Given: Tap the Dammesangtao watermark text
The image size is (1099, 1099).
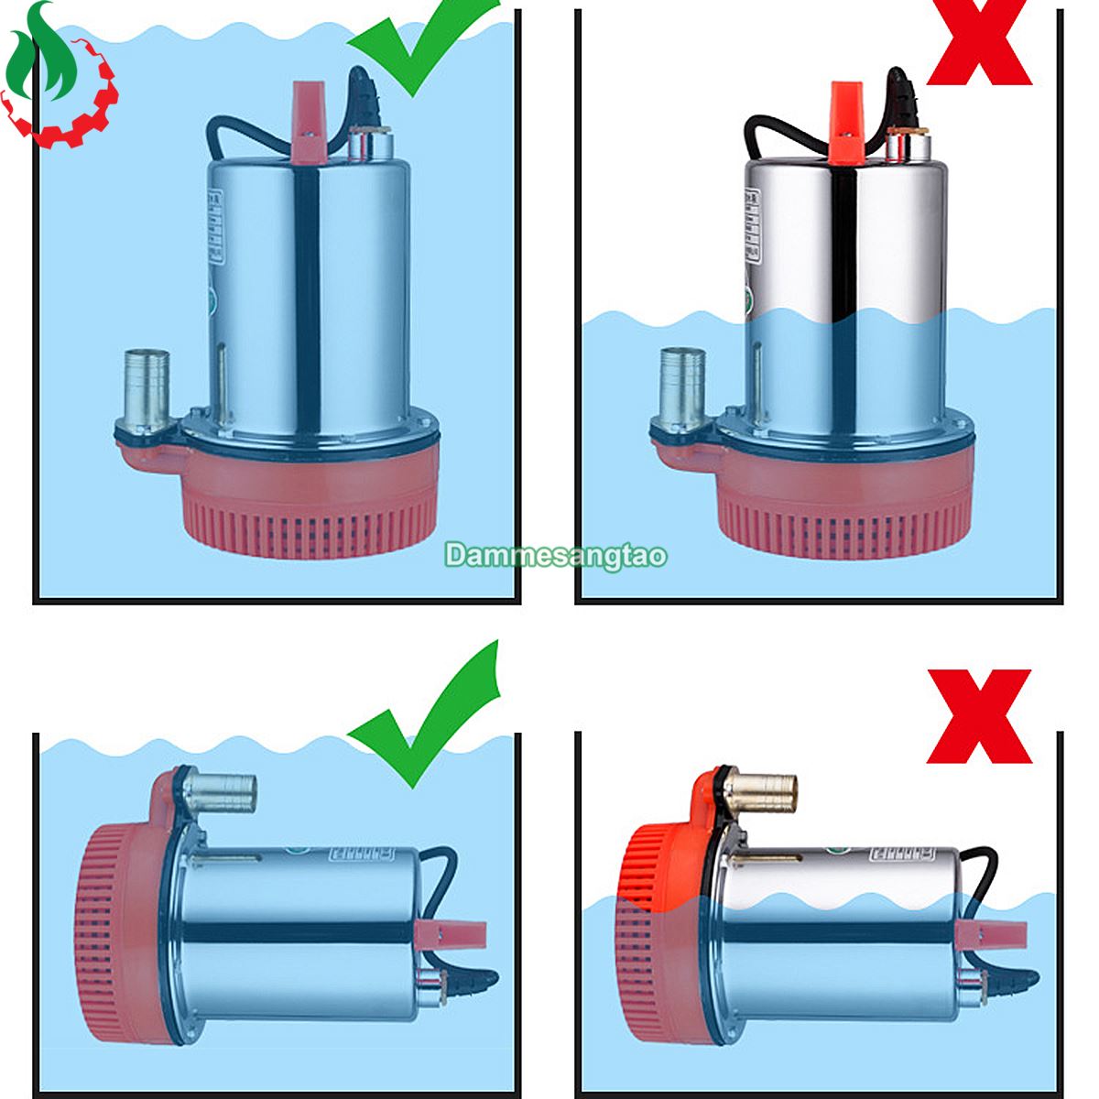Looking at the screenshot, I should point(556,555).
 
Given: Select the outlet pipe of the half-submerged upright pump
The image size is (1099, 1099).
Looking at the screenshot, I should point(679,385).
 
